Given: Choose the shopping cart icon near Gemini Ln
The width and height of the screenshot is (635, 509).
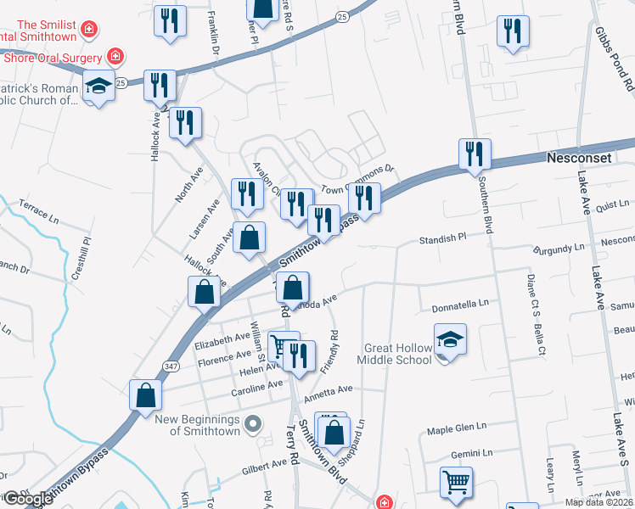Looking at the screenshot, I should (456, 483).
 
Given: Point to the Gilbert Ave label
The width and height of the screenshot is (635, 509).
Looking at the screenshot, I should (264, 465).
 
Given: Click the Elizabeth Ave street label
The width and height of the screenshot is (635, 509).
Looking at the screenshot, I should (222, 344).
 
